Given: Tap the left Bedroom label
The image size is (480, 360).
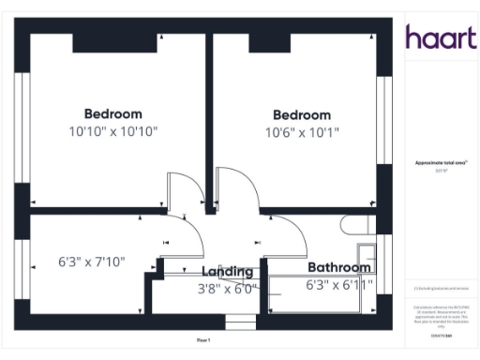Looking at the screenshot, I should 112,114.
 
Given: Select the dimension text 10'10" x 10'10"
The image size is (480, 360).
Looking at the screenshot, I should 112,132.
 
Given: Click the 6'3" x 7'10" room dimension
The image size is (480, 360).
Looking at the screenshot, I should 91,262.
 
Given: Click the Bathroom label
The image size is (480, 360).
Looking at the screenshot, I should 339,267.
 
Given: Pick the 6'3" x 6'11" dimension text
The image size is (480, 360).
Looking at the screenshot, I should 339,284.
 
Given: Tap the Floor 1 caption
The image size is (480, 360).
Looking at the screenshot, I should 203,339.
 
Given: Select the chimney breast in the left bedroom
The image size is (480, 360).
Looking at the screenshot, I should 112,41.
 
